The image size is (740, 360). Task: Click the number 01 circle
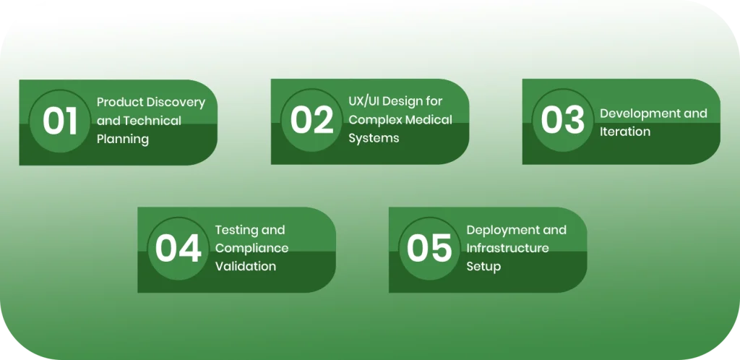click(x=60, y=121)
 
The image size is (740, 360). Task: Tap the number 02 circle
click(x=312, y=121)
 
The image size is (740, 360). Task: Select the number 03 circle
click(x=563, y=121)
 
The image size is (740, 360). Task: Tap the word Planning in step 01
click(x=123, y=139)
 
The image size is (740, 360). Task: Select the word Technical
click(x=152, y=121)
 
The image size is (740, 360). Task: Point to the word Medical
click(x=427, y=119)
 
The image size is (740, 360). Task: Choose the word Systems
click(x=374, y=138)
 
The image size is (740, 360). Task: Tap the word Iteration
click(x=625, y=132)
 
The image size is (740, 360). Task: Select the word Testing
click(x=236, y=230)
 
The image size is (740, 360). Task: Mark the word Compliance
click(x=251, y=248)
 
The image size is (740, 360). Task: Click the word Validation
click(x=246, y=266)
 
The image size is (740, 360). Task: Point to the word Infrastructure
click(x=507, y=248)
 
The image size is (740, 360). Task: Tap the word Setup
click(x=483, y=266)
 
